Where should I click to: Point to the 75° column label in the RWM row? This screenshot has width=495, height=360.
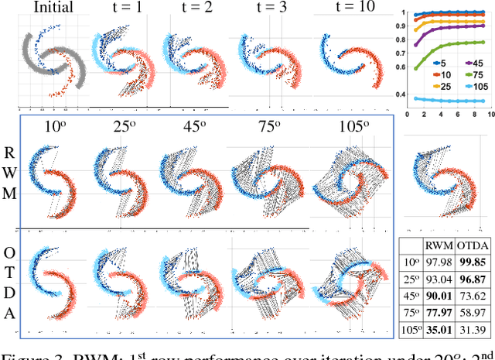click(267, 127)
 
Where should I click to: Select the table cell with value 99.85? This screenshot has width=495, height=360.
click(473, 262)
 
